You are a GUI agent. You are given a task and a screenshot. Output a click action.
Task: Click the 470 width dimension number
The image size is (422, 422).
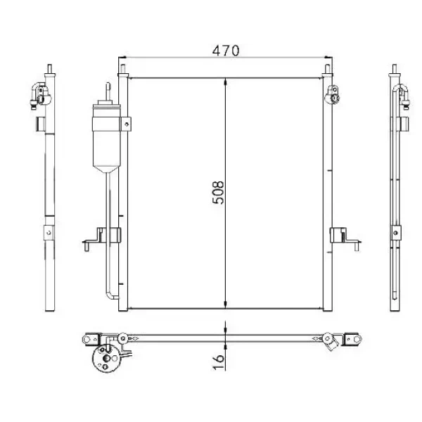tap(226, 51)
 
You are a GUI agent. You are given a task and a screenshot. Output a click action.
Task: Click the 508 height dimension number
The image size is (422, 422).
tap(218, 193)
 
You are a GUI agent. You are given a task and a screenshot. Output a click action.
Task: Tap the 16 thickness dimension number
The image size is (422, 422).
tap(218, 362)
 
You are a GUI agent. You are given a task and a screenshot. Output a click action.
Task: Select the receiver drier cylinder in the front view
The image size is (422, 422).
tap(106, 137)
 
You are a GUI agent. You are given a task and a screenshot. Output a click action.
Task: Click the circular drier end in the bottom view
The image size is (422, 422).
tap(106, 358)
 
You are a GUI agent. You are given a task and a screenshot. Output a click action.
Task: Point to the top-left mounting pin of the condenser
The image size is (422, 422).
tap(122, 69)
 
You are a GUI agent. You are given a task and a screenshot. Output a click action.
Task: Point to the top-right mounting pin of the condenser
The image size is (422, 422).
tap(327, 69)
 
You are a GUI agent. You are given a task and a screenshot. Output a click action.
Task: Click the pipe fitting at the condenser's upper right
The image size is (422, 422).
tap(333, 94)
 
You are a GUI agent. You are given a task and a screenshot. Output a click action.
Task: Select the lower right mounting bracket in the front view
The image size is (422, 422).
tap(345, 238)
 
